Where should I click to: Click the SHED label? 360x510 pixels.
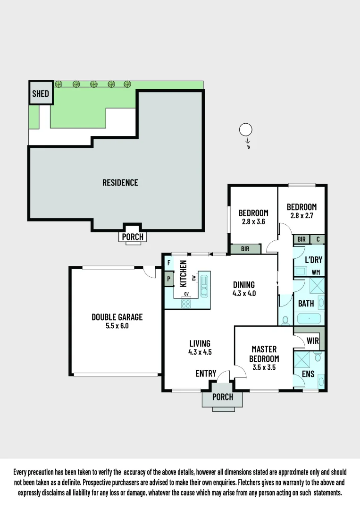[x=41, y=93]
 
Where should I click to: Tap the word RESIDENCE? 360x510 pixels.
[x=120, y=182]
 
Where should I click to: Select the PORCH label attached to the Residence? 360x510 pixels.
[x=133, y=237]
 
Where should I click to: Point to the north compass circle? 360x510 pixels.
[x=246, y=129]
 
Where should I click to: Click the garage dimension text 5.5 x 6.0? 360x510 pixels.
[x=117, y=326]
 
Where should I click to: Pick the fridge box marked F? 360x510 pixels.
[x=168, y=262]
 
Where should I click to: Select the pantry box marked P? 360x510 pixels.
[x=168, y=279]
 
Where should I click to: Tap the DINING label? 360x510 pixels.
[x=244, y=285]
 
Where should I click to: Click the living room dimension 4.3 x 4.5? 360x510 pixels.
[x=200, y=351]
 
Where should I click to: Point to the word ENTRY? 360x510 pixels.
[x=206, y=374]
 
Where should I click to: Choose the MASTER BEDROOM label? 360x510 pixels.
[x=264, y=354]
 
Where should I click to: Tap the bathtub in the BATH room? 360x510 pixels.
[x=309, y=318]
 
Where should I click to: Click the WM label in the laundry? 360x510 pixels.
[x=315, y=272]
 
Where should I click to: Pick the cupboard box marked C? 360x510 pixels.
[x=318, y=239]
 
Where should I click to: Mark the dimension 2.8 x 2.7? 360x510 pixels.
[x=301, y=215]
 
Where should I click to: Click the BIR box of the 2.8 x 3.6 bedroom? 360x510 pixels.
[x=245, y=248]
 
